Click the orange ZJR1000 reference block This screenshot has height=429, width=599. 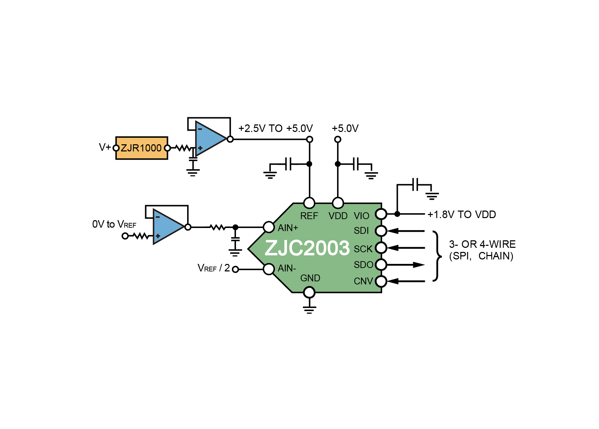pos(142,148)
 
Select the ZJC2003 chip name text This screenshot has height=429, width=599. pos(307,248)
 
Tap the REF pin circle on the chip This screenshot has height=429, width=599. pos(309,203)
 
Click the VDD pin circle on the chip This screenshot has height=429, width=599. pos(338,203)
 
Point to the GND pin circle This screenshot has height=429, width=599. pos(309,293)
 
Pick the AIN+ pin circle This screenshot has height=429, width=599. pos(269,227)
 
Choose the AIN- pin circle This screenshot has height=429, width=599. pos(269,269)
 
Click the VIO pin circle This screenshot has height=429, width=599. pos(381,214)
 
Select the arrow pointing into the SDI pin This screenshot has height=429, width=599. pos(406,231)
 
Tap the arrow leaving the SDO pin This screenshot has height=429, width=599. pos(406,265)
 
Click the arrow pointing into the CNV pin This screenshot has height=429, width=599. pos(406,281)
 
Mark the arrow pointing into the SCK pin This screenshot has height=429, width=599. pos(406,247)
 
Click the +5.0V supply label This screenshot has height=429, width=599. pos(345,129)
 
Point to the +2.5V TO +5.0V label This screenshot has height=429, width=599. pos(276,129)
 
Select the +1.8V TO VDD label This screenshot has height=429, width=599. pos(462,215)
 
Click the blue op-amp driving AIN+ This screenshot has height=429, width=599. pos(168,226)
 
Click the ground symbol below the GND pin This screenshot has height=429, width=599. pos(309,310)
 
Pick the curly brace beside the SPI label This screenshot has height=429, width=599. pos(437,256)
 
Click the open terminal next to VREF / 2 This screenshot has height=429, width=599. pos(235,269)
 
